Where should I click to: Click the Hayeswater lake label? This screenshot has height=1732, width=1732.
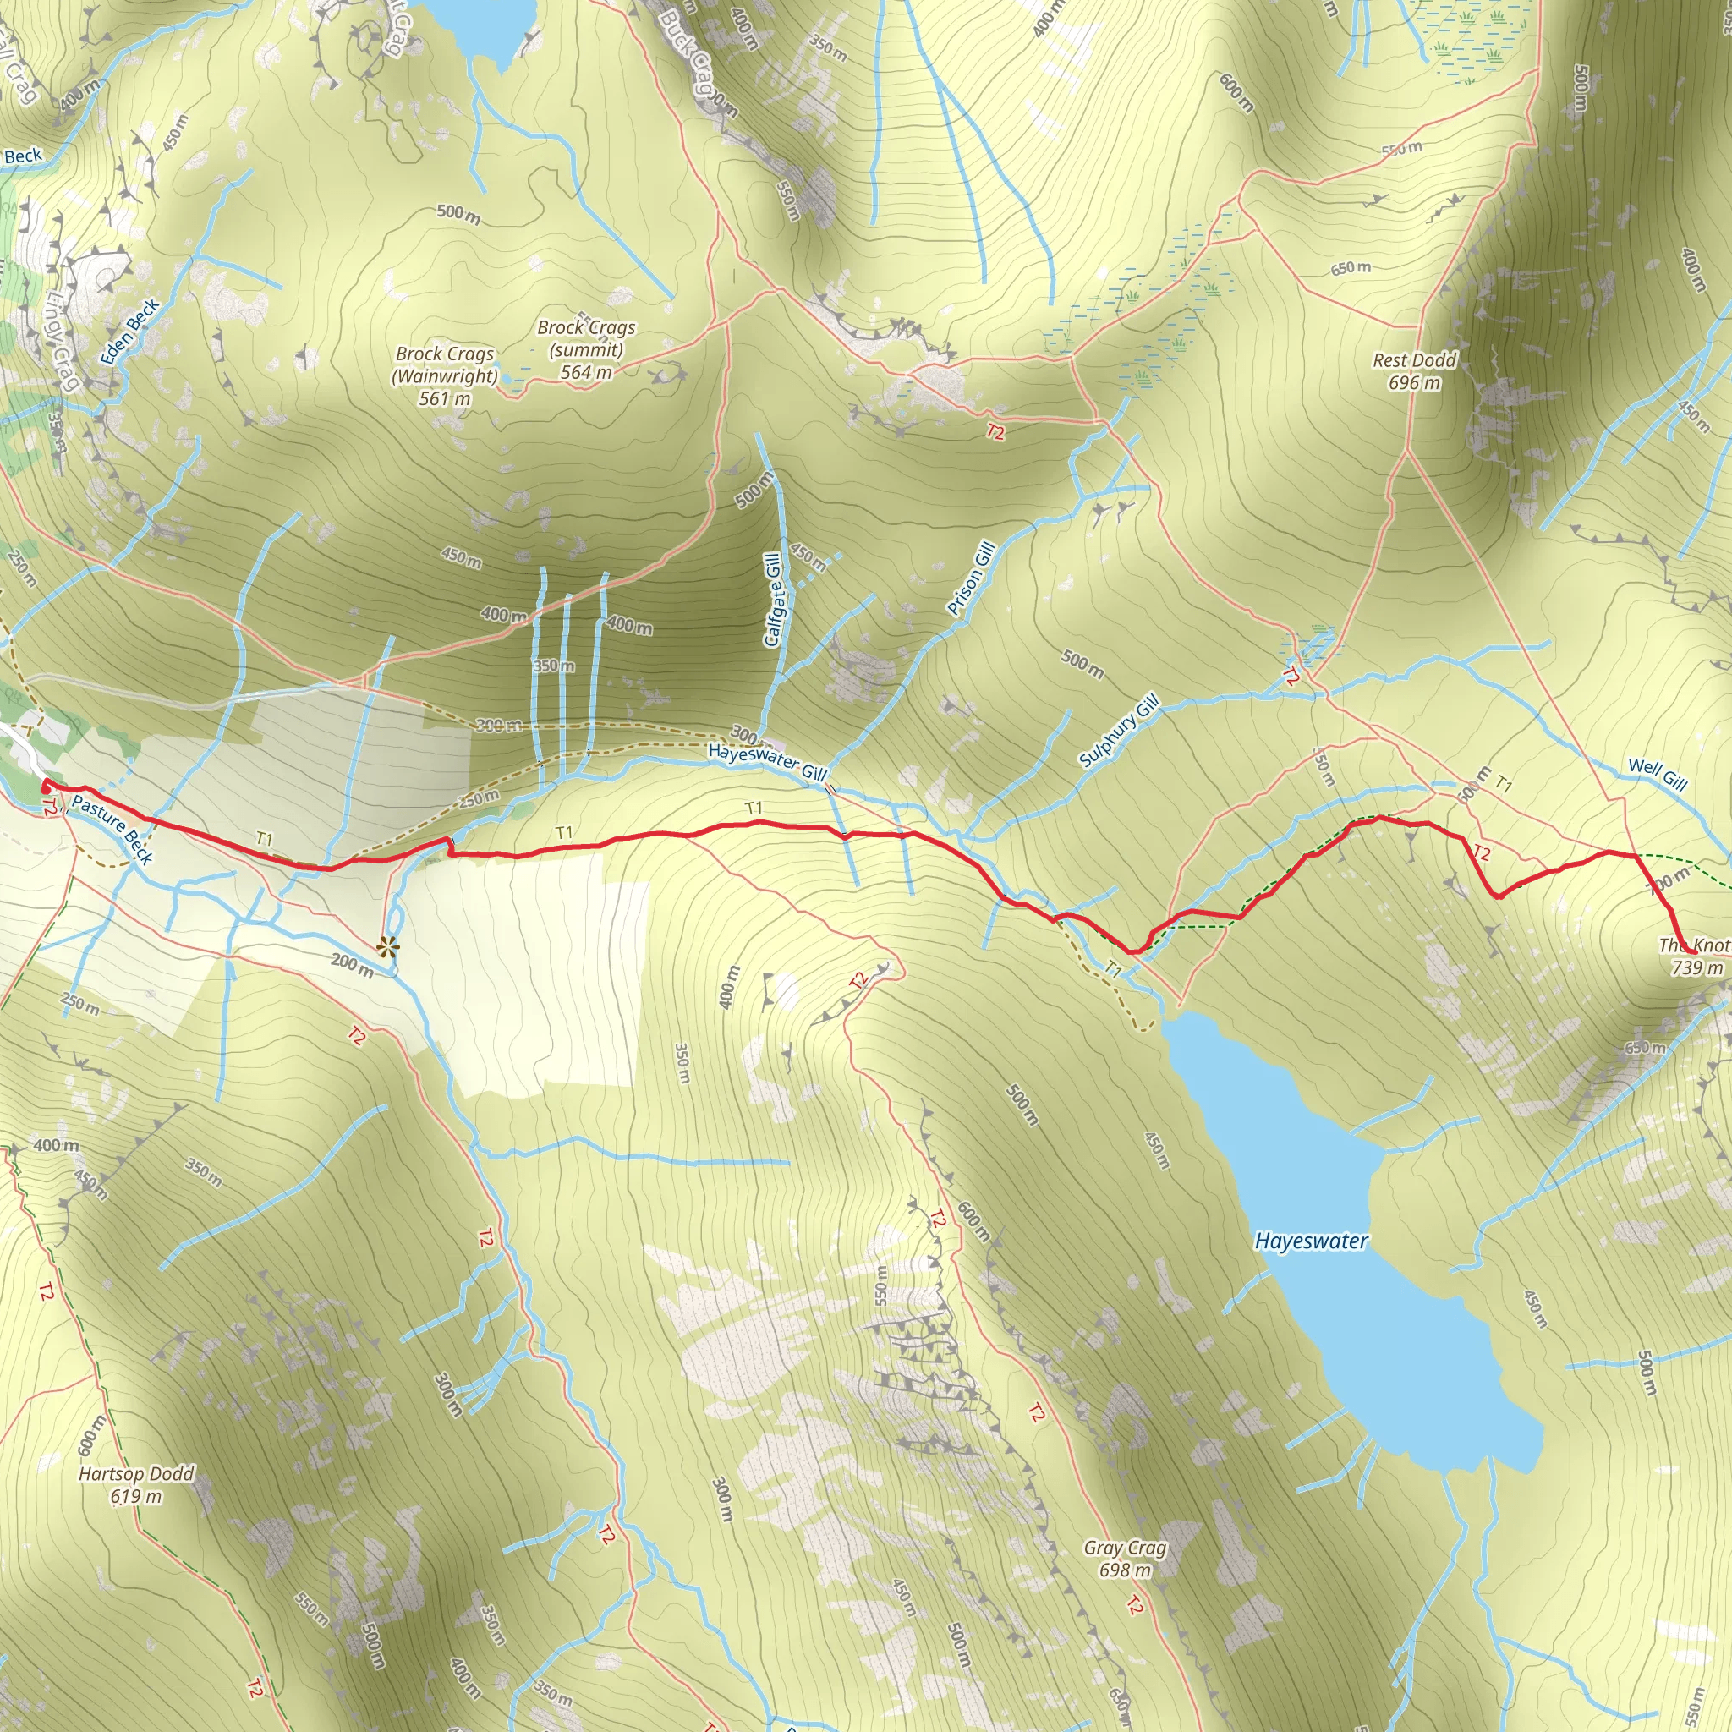(x=1311, y=1241)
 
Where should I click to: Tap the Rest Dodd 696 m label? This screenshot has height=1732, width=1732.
(x=1415, y=371)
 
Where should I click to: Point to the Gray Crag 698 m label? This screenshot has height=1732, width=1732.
(x=1125, y=1558)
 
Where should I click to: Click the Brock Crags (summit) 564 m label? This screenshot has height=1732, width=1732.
(x=586, y=349)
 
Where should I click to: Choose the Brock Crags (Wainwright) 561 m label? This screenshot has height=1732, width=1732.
(x=445, y=376)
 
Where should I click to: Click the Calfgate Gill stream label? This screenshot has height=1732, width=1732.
(x=773, y=600)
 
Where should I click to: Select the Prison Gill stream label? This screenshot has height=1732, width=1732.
(x=972, y=578)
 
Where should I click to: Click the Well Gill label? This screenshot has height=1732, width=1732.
(x=1658, y=774)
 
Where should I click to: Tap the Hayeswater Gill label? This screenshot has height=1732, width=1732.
(x=766, y=760)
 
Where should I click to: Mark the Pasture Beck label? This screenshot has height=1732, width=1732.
(x=112, y=830)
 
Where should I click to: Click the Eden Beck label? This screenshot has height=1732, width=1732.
(x=130, y=332)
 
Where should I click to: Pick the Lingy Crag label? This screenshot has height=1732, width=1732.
(x=63, y=342)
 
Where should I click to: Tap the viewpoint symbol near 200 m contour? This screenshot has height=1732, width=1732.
(x=387, y=946)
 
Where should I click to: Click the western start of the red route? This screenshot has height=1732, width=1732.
(x=45, y=785)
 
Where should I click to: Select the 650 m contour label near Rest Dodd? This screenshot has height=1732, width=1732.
(x=1350, y=268)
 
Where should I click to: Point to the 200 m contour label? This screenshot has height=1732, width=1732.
(x=352, y=965)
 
